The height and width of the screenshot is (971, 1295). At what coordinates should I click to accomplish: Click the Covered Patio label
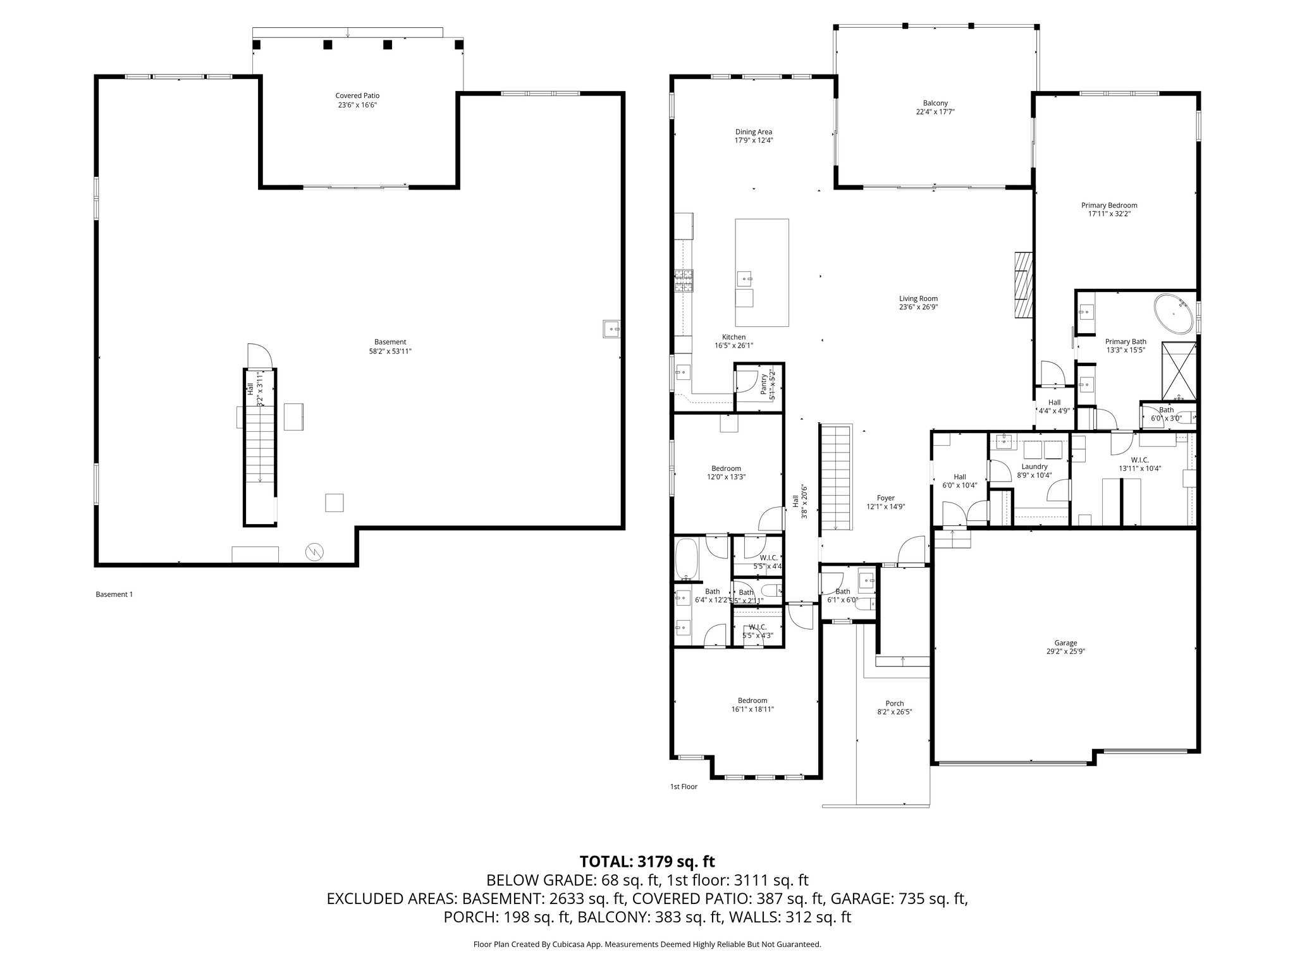tap(357, 101)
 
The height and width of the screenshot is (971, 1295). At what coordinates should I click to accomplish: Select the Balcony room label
tap(935, 107)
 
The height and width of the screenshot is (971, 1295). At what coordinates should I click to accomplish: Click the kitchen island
tap(761, 272)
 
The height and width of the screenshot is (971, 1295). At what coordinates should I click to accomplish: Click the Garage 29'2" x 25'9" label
tap(1065, 647)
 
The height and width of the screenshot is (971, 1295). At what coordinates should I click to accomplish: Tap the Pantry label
tap(766, 386)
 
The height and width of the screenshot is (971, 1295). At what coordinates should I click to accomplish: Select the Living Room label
tap(918, 303)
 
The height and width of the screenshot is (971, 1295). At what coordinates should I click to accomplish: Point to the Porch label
tap(894, 707)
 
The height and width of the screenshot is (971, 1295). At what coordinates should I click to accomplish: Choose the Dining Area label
tap(753, 136)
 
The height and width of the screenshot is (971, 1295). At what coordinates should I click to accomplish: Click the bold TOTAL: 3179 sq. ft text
tap(647, 861)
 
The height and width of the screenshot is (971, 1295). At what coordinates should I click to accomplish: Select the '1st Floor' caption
tap(684, 787)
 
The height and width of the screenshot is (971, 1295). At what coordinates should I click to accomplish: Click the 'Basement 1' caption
tap(114, 594)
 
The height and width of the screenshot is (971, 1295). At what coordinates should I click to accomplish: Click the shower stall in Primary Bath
tap(1179, 372)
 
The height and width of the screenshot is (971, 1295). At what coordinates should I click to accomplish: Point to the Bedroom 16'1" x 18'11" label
tap(752, 704)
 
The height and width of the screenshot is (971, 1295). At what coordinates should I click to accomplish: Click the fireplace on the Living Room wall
tap(1022, 284)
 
